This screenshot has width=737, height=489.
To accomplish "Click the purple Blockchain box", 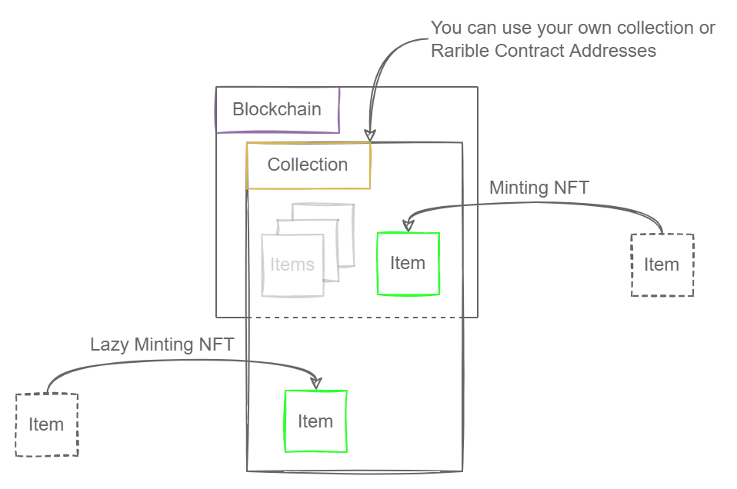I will [x=277, y=109].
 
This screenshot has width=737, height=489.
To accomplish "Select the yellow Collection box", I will [x=308, y=165].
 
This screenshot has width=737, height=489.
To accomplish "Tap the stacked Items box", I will [x=292, y=265].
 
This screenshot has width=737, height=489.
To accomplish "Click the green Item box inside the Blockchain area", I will [x=408, y=264].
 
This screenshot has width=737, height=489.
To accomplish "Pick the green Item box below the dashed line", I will [x=315, y=421].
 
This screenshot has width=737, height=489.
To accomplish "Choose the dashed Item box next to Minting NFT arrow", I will [x=662, y=264].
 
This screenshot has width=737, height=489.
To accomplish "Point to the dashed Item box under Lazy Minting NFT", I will [x=46, y=424].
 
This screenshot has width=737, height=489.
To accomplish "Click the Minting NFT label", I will [x=539, y=188].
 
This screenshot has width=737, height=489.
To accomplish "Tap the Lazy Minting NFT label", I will [x=162, y=344].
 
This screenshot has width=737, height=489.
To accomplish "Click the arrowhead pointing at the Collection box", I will [x=369, y=135].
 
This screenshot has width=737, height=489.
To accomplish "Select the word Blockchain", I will [x=277, y=109].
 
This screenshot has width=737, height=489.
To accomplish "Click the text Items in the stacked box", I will [x=292, y=265].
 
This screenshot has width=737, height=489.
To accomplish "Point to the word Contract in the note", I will [x=523, y=51].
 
